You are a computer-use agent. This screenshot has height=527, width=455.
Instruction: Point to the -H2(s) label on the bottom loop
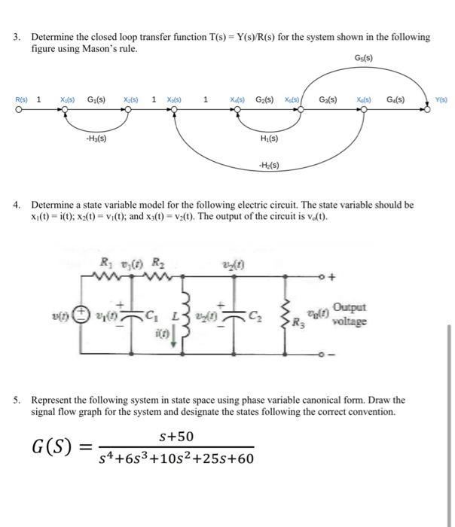[267, 167]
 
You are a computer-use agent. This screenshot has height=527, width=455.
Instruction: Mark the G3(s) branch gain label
[328, 99]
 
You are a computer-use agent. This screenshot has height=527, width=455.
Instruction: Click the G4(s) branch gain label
[395, 99]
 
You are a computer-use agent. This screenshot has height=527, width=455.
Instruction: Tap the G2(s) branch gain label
[264, 99]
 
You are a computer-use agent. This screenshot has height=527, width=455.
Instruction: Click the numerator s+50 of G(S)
[176, 436]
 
